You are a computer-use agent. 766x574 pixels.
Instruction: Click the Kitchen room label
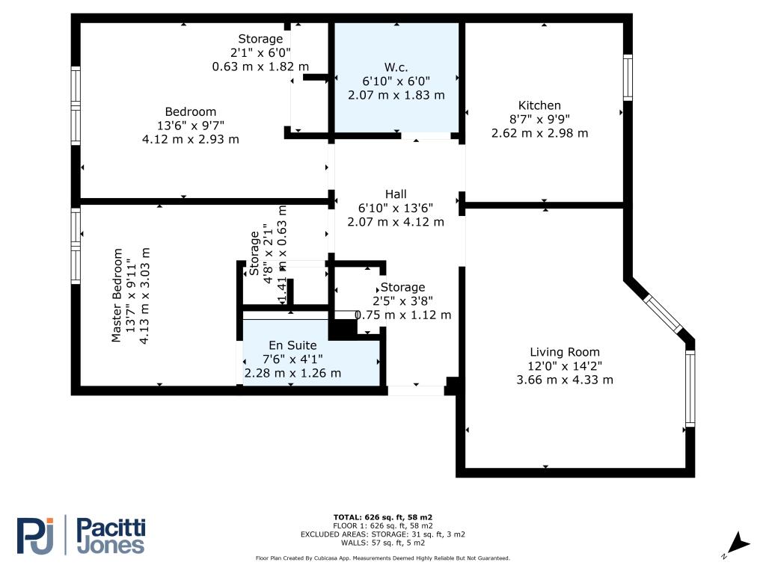(539, 105)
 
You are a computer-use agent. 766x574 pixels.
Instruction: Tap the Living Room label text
(565, 352)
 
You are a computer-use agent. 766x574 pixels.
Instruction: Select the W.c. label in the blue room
(396, 67)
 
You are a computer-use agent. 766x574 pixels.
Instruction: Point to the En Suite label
(292, 345)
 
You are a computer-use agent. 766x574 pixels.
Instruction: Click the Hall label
(396, 194)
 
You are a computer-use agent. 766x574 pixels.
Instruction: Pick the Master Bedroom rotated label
(117, 295)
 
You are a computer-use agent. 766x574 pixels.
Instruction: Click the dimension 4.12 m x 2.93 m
(191, 139)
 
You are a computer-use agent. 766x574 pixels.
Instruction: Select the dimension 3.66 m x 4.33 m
(565, 380)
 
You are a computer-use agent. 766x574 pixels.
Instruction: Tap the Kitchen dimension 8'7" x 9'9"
(539, 119)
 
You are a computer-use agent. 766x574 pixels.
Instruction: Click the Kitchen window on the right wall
(628, 78)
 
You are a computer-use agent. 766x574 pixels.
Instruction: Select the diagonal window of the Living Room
(664, 314)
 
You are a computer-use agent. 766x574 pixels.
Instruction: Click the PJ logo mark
(35, 536)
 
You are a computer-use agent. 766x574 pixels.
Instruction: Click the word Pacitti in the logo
(111, 528)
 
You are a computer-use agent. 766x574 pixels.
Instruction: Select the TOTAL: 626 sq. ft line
(383, 517)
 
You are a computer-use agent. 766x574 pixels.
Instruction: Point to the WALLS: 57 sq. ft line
(383, 543)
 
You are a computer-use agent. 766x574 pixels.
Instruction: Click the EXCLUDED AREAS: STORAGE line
(383, 534)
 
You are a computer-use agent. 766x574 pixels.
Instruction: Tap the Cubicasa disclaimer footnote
(383, 558)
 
